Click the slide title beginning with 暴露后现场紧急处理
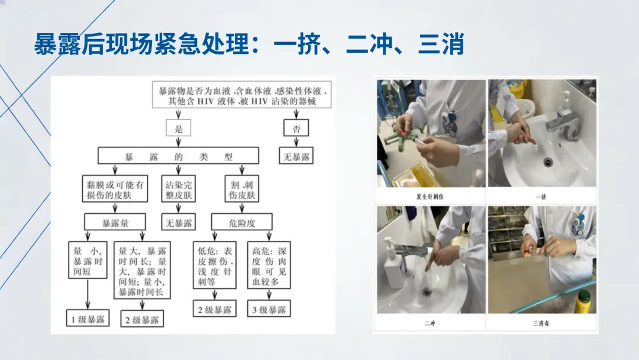tap(248, 45)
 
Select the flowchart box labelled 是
tap(179, 128)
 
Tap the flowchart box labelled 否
tap(296, 128)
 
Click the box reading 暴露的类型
tap(178, 156)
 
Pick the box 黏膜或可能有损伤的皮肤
tap(115, 189)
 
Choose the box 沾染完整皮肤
tap(178, 189)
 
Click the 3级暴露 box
tap(269, 309)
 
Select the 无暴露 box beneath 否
tap(296, 156)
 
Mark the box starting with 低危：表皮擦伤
tap(215, 266)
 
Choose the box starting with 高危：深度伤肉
tap(269, 266)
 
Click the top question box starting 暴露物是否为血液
tap(243, 96)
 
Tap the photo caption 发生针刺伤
tap(430, 196)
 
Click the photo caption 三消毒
tap(541, 323)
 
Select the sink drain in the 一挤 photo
tap(548, 161)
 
